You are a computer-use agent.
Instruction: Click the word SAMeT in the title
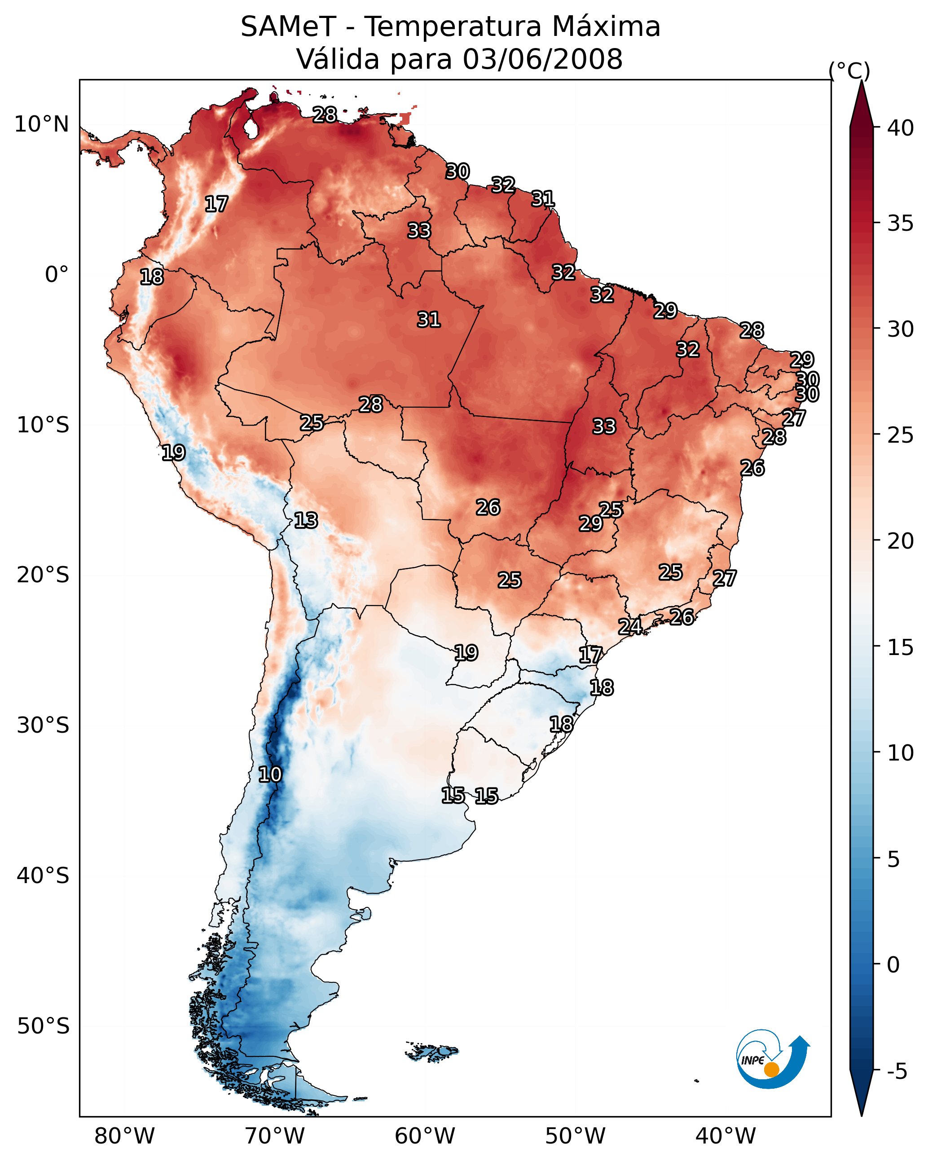point(288,27)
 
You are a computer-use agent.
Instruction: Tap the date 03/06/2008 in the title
point(542,59)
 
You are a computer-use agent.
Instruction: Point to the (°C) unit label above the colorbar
point(849,70)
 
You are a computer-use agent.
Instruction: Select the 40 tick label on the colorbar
point(900,128)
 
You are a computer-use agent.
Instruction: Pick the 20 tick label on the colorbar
point(900,541)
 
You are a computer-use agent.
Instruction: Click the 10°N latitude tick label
point(41,124)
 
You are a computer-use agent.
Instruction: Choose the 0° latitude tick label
point(57,275)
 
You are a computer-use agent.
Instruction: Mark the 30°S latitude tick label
point(43,726)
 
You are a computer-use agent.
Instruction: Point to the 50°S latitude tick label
point(43,1026)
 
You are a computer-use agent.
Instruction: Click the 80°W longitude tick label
point(124,1136)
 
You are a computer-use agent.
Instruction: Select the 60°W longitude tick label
point(425,1136)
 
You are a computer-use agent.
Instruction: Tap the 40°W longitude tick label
point(726,1136)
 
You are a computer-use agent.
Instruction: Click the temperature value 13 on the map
point(306,521)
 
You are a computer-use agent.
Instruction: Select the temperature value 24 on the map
point(629,627)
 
